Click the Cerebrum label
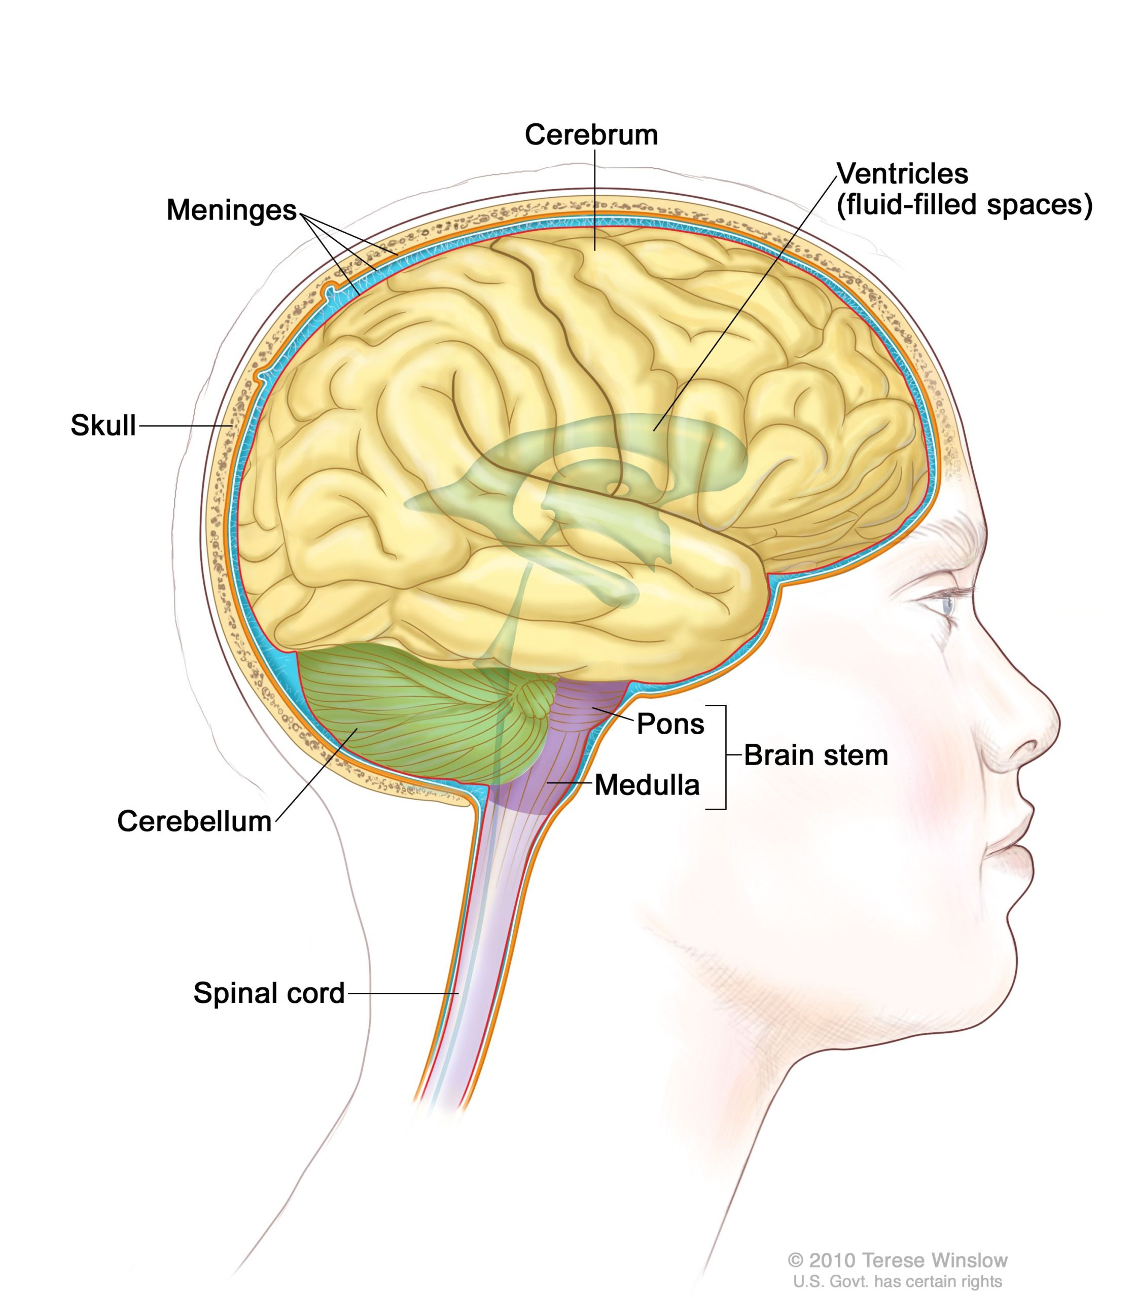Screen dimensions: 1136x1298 point(591,135)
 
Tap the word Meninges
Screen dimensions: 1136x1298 point(231,210)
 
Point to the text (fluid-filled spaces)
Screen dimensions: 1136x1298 point(964,205)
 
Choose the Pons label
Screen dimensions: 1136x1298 point(670,724)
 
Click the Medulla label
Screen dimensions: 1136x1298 point(647,785)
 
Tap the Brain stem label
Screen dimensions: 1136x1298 point(815,755)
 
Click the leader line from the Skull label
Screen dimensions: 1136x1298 point(186,426)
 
